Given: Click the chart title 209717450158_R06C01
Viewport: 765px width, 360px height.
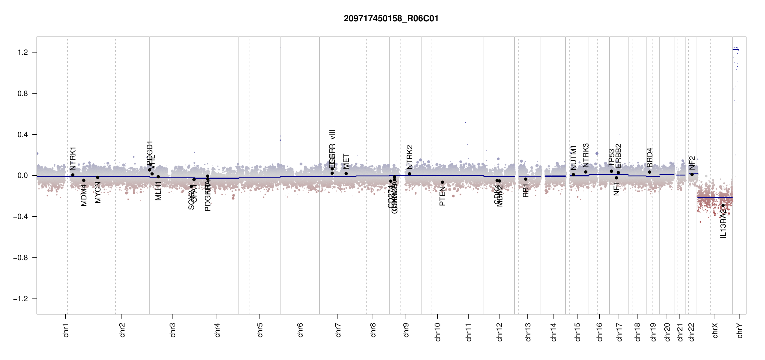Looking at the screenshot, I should (x=391, y=19).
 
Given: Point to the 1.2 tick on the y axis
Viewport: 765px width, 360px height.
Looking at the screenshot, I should (x=23, y=52).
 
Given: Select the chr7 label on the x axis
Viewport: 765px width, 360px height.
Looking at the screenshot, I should (x=338, y=330).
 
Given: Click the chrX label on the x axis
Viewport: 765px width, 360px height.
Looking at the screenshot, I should (x=715, y=330).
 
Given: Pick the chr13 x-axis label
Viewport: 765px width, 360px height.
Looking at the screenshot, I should (x=528, y=332).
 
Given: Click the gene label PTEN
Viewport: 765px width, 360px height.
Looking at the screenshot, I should (x=442, y=196).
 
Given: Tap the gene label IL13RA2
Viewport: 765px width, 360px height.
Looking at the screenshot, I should (x=723, y=223).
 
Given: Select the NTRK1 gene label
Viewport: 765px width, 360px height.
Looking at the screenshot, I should (x=73, y=159).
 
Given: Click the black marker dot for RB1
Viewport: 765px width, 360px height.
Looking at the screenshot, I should (x=526, y=179).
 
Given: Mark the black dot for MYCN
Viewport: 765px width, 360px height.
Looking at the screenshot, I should (x=97, y=177).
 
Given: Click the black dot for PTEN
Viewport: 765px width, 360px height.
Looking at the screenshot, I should (x=442, y=182).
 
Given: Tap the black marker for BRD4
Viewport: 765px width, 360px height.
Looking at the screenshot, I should (x=649, y=172).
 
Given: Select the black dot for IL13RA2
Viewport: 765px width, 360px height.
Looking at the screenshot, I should (x=723, y=205).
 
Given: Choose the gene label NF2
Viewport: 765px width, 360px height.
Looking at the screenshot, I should (x=692, y=163).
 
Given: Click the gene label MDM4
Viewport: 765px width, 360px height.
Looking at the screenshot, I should (x=84, y=195).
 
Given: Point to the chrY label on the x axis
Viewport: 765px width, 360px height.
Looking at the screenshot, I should (x=739, y=330).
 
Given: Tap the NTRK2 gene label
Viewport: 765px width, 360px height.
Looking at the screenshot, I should (x=409, y=157).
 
